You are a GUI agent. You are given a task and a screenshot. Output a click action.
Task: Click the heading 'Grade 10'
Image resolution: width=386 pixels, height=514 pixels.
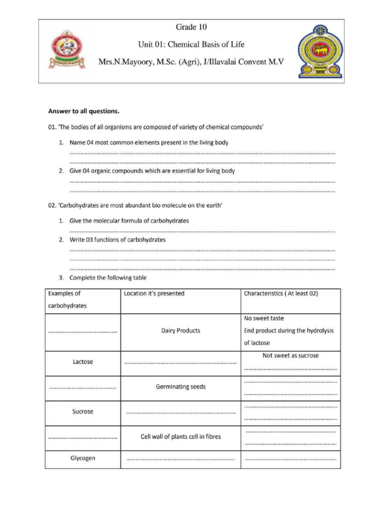tap(191, 27)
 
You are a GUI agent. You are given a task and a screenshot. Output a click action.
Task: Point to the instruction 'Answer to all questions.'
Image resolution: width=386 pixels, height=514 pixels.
tap(83, 111)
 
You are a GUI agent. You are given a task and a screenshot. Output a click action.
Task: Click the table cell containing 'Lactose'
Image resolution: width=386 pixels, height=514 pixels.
tap(82, 361)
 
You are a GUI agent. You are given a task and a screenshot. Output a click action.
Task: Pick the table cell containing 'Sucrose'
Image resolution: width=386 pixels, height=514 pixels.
tap(82, 412)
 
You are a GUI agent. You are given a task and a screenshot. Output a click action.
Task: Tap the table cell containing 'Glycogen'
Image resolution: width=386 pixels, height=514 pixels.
tap(82, 458)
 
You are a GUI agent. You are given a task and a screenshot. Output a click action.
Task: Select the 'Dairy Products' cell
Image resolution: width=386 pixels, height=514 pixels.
tap(180, 331)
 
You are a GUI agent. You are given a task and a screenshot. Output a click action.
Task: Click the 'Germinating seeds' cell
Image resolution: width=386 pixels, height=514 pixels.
tap(180, 387)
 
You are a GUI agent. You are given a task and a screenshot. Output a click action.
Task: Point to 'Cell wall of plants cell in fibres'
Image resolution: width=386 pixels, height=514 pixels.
tap(180, 437)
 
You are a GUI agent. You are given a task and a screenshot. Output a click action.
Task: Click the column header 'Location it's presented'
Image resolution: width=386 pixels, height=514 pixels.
tap(154, 294)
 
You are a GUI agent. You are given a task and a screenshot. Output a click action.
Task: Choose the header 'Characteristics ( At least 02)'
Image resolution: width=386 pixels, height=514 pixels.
tap(280, 294)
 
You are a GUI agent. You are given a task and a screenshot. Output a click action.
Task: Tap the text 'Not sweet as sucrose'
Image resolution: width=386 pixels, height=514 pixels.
tap(291, 355)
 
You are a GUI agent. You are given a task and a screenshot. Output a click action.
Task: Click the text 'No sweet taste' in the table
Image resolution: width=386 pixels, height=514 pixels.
tap(264, 318)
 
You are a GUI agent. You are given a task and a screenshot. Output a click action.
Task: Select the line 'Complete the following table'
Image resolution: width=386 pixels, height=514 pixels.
tap(108, 278)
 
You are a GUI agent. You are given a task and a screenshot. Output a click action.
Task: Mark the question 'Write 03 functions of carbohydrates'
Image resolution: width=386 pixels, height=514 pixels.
tap(117, 240)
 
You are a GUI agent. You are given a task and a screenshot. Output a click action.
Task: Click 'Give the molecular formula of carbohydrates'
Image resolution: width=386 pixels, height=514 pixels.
tap(129, 221)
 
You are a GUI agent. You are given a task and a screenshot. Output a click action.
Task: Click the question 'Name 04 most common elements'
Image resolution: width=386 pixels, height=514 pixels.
tap(149, 143)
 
